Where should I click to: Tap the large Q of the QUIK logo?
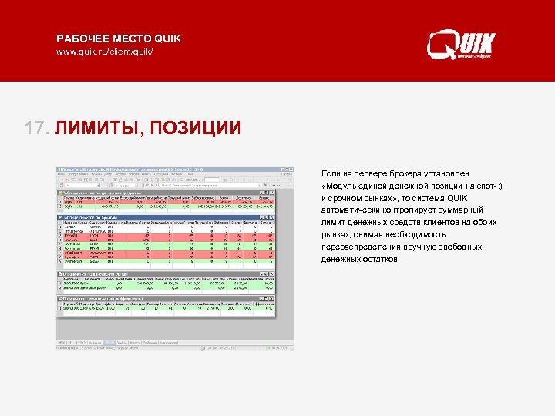442,44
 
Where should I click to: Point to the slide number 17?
35,127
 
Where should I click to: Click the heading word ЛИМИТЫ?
96,127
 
